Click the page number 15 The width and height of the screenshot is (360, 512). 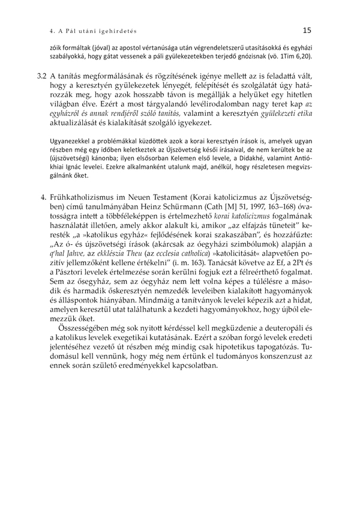[307, 29]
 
